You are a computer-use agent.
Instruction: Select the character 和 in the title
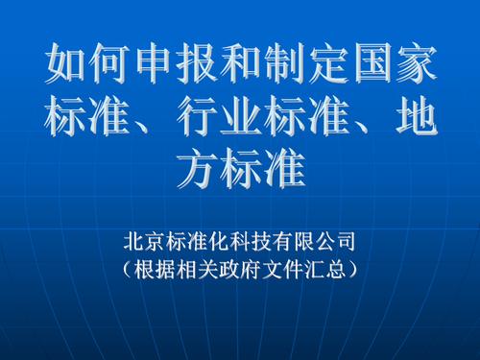pyautogui.click(x=240, y=65)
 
